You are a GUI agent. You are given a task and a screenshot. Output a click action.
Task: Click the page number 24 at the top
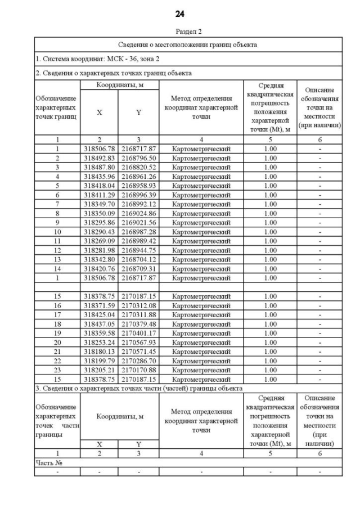coord(180,13)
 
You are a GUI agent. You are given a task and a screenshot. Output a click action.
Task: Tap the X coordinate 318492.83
coord(100,158)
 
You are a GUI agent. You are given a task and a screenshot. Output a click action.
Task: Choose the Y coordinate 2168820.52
coord(138,167)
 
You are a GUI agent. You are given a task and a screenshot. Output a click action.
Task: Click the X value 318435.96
coord(100,176)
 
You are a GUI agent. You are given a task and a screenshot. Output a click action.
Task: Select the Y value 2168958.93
coord(138,186)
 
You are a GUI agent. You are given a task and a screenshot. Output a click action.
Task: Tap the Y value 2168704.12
coord(138,259)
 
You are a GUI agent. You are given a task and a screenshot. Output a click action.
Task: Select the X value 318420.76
coord(100,268)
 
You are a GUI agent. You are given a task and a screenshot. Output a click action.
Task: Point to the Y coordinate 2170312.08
coord(138,305)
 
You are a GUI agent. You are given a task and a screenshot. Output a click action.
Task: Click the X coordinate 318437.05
coord(100,324)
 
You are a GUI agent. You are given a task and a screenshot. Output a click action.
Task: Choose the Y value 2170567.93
coord(138,342)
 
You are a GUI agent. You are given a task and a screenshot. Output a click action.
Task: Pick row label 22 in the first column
coord(57,361)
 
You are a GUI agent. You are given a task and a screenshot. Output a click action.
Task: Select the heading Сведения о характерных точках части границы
coord(139,389)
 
